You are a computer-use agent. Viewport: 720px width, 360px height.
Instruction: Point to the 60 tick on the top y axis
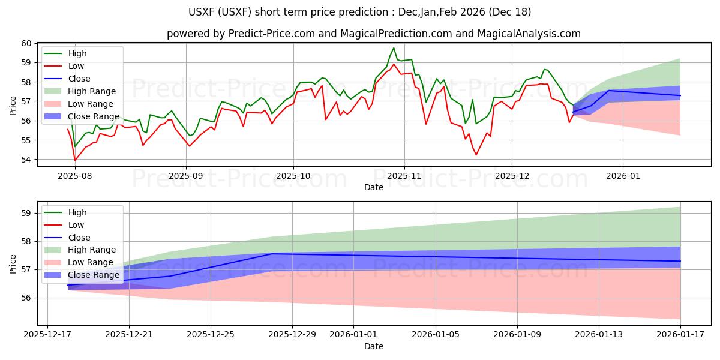point(27,43)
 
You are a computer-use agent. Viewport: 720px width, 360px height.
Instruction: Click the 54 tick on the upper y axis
point(27,160)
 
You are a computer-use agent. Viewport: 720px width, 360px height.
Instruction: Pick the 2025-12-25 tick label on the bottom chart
point(211,333)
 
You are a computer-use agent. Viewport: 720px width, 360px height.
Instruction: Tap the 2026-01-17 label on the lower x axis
point(680,333)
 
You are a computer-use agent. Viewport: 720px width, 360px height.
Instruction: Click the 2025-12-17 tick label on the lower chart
point(47,333)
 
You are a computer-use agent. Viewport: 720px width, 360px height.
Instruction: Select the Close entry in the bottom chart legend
point(79,237)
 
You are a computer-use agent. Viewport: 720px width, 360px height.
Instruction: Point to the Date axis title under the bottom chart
point(373,346)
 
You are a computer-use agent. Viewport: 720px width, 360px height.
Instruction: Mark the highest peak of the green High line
point(394,48)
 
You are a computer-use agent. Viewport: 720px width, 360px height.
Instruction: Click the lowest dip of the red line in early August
point(75,160)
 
